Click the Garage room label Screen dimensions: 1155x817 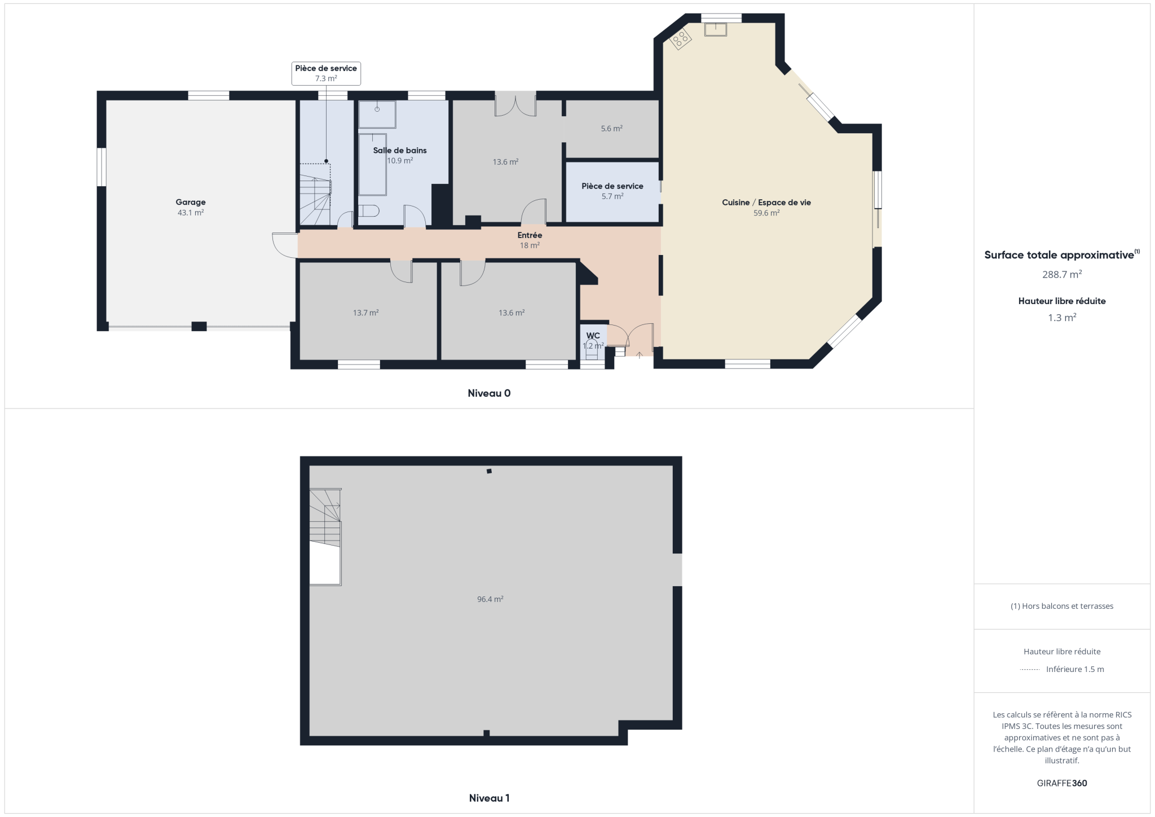191,202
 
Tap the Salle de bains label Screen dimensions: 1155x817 400,150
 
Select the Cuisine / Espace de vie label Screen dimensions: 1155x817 766,203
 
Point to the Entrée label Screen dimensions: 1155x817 530,235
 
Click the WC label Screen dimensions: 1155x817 593,336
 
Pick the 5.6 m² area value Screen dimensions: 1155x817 612,129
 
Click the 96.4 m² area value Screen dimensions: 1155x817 490,599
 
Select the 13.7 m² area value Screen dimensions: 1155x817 366,313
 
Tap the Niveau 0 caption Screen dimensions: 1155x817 489,393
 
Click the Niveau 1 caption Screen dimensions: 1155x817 489,798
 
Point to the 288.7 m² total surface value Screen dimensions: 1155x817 1062,275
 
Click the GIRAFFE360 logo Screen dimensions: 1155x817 1062,783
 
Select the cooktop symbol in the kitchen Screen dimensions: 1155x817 681,38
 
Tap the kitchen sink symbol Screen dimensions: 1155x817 716,29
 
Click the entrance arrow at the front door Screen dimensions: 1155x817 640,355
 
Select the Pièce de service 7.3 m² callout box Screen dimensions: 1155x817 326,73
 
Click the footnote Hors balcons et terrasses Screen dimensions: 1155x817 1062,606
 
